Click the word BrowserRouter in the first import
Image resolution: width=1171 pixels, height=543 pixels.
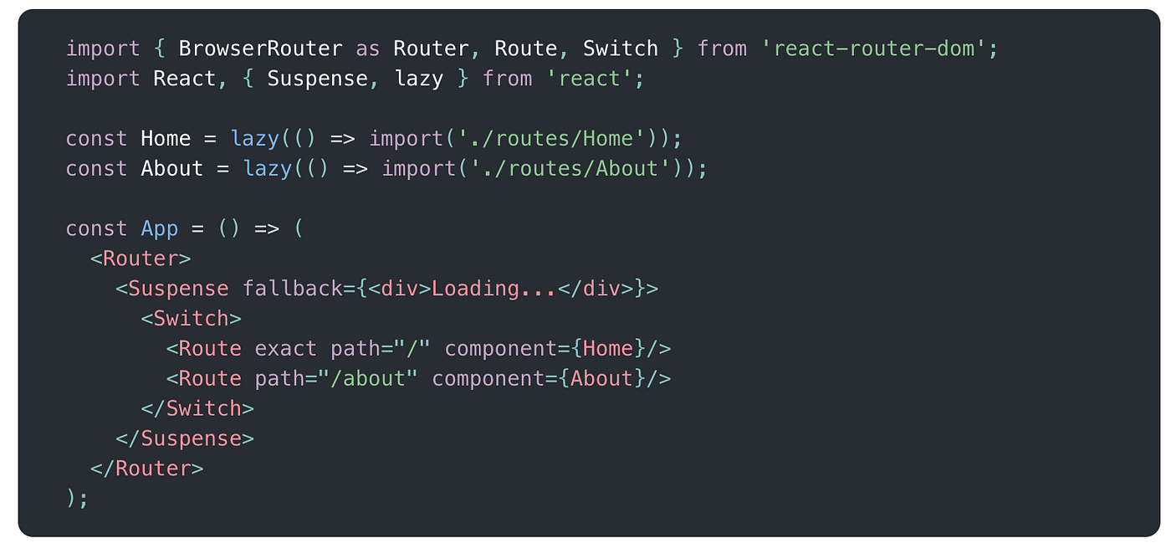(260, 49)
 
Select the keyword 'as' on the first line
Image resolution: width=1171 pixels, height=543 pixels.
(367, 49)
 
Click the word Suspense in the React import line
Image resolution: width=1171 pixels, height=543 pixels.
(317, 79)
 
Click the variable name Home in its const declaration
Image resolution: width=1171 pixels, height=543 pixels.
(166, 139)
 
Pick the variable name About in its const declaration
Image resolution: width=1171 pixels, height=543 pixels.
(172, 169)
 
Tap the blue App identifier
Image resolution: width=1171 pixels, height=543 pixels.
(160, 229)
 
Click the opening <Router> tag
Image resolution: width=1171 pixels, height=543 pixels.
(141, 259)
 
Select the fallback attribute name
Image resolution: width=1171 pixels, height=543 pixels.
(292, 289)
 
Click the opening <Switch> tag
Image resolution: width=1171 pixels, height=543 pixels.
(192, 319)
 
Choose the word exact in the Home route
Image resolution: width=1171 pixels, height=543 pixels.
(285, 349)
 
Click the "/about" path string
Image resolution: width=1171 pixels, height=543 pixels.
(368, 379)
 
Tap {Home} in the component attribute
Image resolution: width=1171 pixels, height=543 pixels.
(609, 349)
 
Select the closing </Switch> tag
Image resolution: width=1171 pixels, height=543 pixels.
(197, 409)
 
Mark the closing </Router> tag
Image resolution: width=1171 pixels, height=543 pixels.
(147, 469)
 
